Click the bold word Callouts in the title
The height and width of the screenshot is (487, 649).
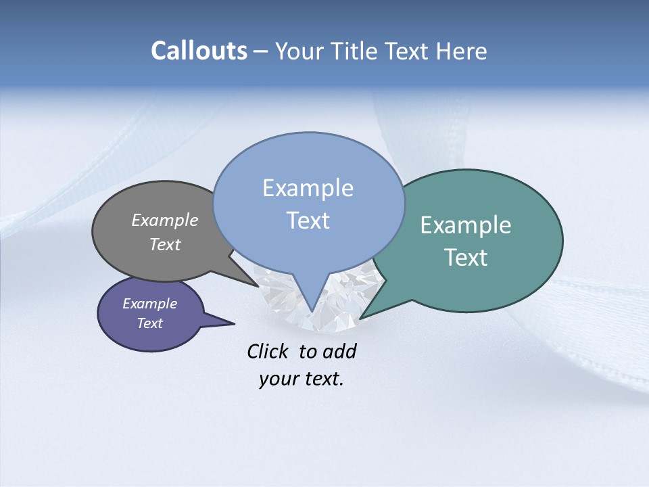tap(199, 51)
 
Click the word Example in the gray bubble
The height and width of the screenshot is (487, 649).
tap(165, 220)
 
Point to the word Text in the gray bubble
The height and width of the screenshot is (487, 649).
tap(165, 244)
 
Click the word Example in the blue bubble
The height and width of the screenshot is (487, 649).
tap(308, 188)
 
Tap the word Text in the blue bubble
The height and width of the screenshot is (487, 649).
tap(308, 221)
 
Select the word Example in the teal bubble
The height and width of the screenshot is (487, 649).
tap(466, 225)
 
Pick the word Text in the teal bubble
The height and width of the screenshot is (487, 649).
tap(466, 258)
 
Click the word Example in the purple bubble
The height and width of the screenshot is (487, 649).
tap(150, 304)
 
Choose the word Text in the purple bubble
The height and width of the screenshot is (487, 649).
tap(150, 323)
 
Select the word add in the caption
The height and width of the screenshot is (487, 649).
tap(339, 351)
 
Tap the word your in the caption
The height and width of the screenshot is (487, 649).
tap(279, 379)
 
